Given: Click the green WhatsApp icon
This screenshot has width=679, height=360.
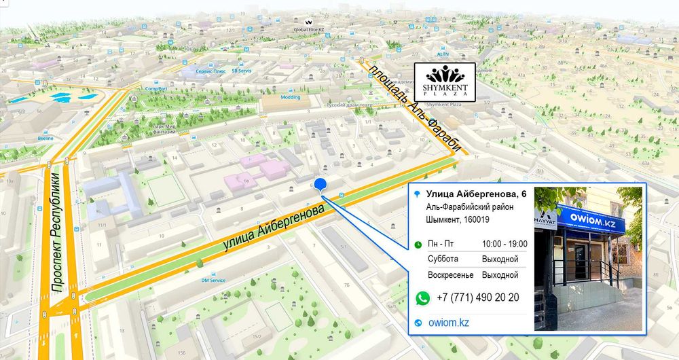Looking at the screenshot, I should point(422,298).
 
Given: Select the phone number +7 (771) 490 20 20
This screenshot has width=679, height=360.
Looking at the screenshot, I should point(478,298).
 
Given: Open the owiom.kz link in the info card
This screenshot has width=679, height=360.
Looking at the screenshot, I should point(449,323).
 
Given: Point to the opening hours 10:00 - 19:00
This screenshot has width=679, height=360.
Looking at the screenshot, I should point(504,243).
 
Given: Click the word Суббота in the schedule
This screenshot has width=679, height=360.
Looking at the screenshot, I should point(443,259).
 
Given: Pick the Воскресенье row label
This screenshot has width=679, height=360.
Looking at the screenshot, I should point(449,275).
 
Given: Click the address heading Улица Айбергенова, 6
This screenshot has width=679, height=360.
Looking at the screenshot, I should point(477,196).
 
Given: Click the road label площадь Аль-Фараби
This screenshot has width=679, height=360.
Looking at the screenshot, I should point(415,108).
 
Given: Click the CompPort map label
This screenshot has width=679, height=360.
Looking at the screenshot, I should point(156,88).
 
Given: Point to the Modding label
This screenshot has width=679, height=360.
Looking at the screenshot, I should point(291,96).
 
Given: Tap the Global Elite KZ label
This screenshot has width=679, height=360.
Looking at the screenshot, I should point(308,30).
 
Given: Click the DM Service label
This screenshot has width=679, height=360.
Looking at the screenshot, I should point(213,280).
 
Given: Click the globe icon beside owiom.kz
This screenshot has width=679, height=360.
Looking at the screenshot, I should point(418,323).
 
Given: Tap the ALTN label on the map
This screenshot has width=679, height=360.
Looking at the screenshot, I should point(443,53).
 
